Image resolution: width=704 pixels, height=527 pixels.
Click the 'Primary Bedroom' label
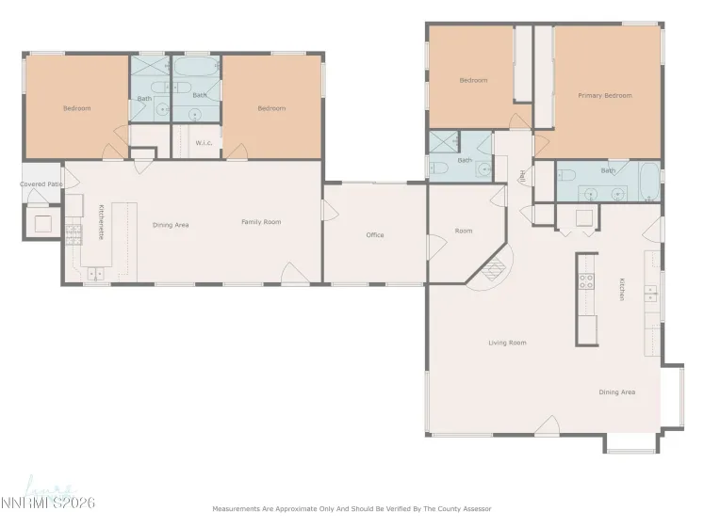pyautogui.click(x=605, y=95)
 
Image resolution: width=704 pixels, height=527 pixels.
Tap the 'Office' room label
pyautogui.click(x=375, y=235)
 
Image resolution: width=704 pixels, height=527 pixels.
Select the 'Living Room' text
pyautogui.click(x=507, y=343)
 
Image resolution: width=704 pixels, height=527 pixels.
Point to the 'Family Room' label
pyautogui.click(x=261, y=222)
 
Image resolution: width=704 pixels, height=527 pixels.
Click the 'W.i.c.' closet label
pyautogui.click(x=203, y=143)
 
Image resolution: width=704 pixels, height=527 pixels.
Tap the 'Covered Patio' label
pyautogui.click(x=40, y=184)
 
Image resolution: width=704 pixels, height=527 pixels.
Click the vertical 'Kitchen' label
pyautogui.click(x=622, y=289)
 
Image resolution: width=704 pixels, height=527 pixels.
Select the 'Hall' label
pyautogui.click(x=521, y=175)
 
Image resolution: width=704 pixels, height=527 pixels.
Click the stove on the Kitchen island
pyautogui.click(x=585, y=281)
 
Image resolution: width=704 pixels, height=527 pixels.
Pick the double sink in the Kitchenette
pyautogui.click(x=95, y=274)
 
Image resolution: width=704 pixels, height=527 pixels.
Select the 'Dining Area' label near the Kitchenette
pyautogui.click(x=172, y=225)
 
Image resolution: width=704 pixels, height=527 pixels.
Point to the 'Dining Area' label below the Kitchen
pyautogui.click(x=616, y=391)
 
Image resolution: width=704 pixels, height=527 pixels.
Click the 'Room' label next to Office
pyautogui.click(x=463, y=231)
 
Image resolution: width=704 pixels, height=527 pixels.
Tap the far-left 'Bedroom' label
pyautogui.click(x=76, y=108)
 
